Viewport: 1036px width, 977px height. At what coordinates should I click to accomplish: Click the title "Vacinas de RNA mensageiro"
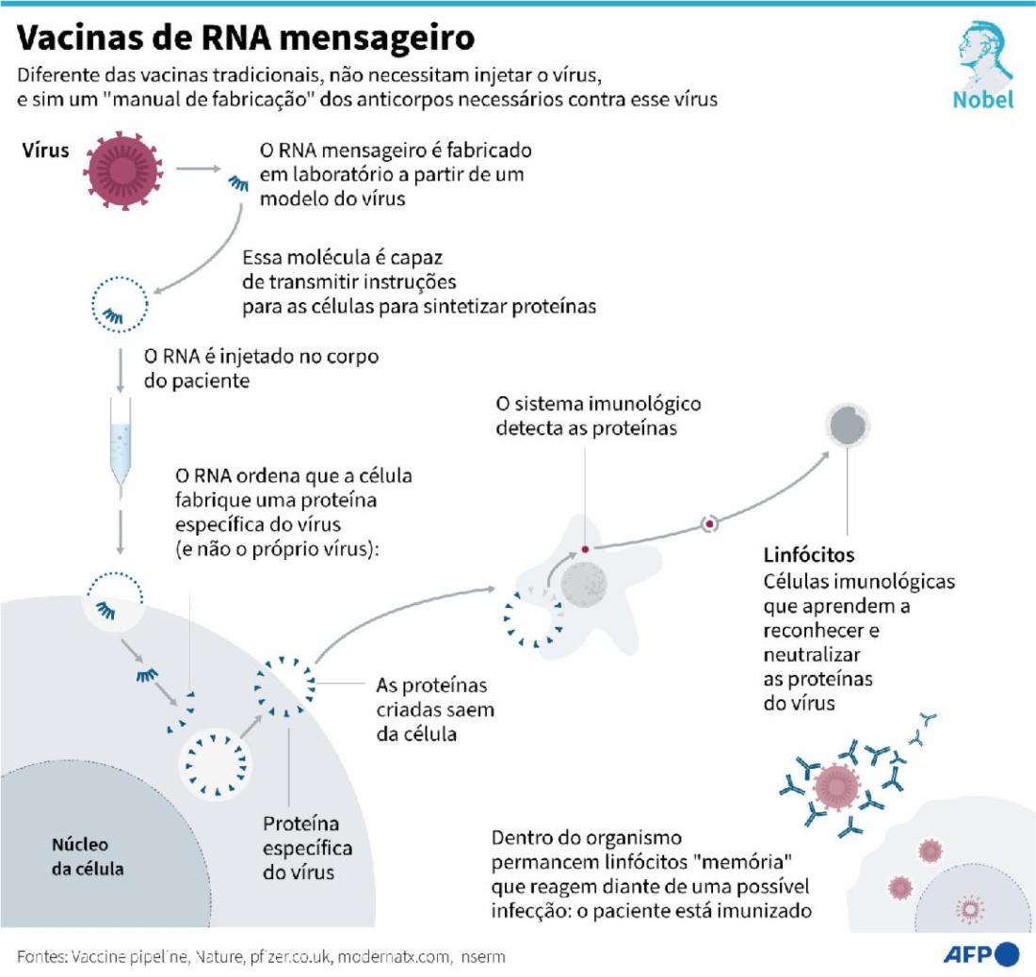(x=245, y=39)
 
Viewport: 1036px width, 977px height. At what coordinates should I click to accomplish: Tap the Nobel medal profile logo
(x=984, y=54)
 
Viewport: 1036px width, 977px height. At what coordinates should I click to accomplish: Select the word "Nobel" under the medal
(x=983, y=100)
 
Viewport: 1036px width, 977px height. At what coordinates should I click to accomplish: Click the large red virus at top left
(x=122, y=170)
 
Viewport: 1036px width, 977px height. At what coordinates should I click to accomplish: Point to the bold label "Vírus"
(x=45, y=150)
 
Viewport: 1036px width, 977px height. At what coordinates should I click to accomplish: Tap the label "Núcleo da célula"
(x=88, y=857)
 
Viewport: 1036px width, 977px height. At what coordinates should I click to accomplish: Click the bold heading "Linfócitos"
(x=809, y=554)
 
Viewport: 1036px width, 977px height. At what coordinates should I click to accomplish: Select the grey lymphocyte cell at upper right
(x=848, y=425)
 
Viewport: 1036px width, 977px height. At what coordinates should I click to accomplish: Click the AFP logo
(x=981, y=954)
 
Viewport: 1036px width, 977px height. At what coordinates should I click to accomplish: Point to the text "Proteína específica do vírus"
(x=307, y=848)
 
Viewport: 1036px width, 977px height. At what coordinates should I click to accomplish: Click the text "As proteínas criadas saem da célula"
(x=435, y=710)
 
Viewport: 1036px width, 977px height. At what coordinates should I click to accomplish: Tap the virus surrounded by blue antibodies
(x=837, y=787)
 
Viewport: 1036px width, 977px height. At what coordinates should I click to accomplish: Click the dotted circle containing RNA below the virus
(x=120, y=304)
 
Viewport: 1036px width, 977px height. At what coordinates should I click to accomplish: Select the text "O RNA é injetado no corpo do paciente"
(x=262, y=368)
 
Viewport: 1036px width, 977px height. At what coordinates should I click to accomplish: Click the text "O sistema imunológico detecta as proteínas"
(x=598, y=416)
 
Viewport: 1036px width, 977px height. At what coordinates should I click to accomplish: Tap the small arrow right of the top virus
(x=198, y=169)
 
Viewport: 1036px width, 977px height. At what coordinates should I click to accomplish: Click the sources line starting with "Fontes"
(x=261, y=956)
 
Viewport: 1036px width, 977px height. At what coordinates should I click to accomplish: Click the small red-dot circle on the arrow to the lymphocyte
(x=709, y=524)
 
